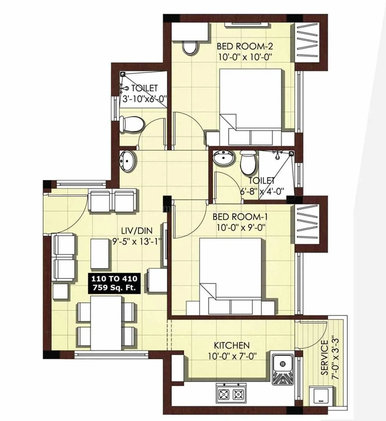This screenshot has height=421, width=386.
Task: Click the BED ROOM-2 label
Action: point(245,46)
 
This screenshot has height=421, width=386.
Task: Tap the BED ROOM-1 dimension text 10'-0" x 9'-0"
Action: point(240,227)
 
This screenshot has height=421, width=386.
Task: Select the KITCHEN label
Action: point(231,345)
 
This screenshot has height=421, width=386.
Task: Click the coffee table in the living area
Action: point(100,254)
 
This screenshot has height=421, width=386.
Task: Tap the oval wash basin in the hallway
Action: point(126,160)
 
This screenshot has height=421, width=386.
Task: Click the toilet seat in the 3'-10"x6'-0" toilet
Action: point(131,124)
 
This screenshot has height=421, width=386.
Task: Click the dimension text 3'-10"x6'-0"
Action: point(144,99)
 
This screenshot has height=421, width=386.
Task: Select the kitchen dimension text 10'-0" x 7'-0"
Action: point(232,356)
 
